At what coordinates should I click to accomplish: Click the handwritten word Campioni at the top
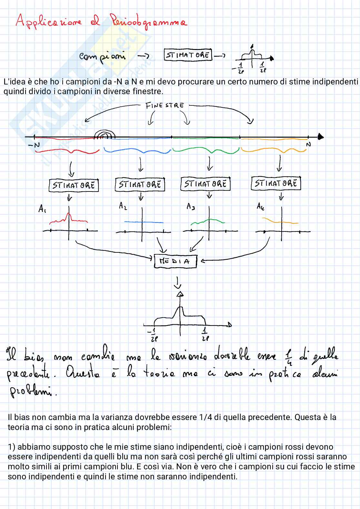(103, 56)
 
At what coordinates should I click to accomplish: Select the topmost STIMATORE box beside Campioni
(188, 55)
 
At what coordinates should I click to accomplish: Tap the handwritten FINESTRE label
(165, 105)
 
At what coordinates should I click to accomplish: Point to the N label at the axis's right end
(308, 145)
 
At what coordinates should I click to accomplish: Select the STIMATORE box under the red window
(74, 185)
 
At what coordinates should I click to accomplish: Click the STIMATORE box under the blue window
(140, 184)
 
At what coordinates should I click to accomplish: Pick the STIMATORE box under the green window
(205, 184)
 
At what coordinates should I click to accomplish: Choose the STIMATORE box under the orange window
(275, 183)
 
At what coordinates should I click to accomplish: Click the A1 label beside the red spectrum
(42, 209)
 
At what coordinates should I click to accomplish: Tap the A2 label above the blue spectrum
(123, 206)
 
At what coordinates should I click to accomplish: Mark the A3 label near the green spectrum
(191, 206)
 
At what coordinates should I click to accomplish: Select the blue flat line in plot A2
(144, 222)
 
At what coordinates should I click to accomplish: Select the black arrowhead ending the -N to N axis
(320, 137)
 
